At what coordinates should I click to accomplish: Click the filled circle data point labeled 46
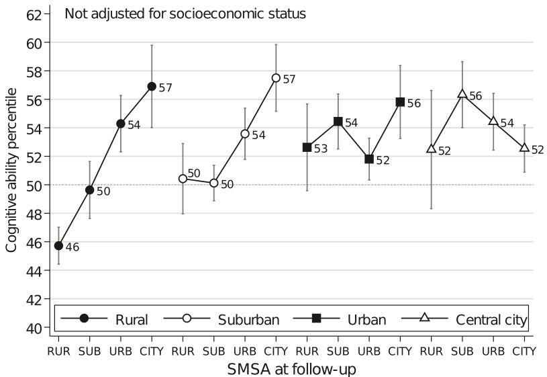click(58, 246)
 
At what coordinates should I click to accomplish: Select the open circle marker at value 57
click(276, 77)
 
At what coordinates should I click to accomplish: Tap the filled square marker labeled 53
click(307, 147)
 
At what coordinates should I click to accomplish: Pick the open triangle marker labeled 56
click(462, 93)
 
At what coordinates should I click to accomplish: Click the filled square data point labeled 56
click(400, 101)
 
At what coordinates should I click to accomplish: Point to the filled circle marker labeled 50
click(90, 190)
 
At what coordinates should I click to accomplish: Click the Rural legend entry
click(105, 319)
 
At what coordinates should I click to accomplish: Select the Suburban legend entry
click(221, 319)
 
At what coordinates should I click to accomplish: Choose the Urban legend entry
click(340, 319)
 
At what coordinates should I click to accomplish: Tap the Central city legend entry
click(464, 319)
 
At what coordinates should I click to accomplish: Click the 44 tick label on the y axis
click(34, 270)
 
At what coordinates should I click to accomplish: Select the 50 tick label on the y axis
click(34, 185)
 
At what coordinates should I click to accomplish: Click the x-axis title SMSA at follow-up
click(292, 369)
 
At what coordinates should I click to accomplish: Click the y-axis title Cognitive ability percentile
click(11, 170)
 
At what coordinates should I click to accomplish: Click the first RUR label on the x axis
click(58, 351)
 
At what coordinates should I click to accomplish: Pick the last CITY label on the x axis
click(524, 351)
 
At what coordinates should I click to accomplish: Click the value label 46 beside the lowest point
click(72, 247)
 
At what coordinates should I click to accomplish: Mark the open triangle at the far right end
click(524, 147)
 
